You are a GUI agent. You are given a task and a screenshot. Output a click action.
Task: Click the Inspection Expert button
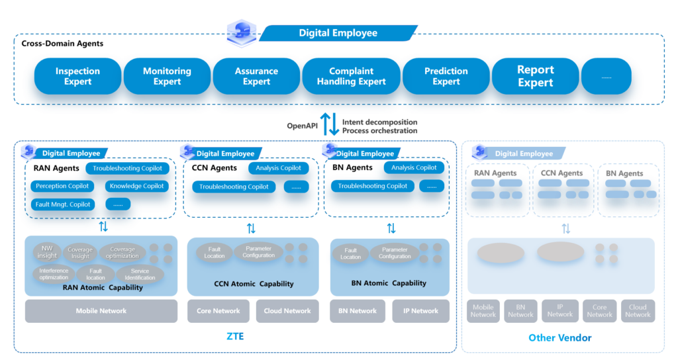(77, 76)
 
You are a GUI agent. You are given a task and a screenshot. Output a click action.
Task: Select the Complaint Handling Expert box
(351, 76)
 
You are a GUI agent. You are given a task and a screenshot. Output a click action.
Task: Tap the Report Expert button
(536, 76)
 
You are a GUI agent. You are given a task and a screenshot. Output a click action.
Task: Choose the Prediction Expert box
(446, 76)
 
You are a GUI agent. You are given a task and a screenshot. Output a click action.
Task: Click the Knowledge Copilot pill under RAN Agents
(136, 187)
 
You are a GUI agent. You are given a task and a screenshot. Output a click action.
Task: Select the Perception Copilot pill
(62, 187)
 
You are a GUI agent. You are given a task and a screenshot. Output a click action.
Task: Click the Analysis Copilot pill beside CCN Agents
(278, 168)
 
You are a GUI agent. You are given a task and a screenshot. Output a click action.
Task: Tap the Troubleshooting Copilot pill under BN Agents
(373, 187)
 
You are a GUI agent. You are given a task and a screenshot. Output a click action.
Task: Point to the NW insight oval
(47, 252)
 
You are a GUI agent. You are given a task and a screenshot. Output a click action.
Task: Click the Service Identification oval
(140, 274)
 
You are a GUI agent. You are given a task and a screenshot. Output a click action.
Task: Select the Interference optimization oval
(54, 274)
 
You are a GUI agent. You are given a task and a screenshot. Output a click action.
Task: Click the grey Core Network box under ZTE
(218, 311)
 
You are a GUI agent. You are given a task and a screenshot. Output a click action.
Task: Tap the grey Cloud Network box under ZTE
(287, 311)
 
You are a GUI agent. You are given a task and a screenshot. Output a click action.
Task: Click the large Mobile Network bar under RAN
(101, 311)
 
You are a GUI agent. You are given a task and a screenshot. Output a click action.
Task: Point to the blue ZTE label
(235, 337)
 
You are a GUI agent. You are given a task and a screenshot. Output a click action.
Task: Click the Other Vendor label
(559, 338)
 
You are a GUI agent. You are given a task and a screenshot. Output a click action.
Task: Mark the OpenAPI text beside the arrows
(303, 126)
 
